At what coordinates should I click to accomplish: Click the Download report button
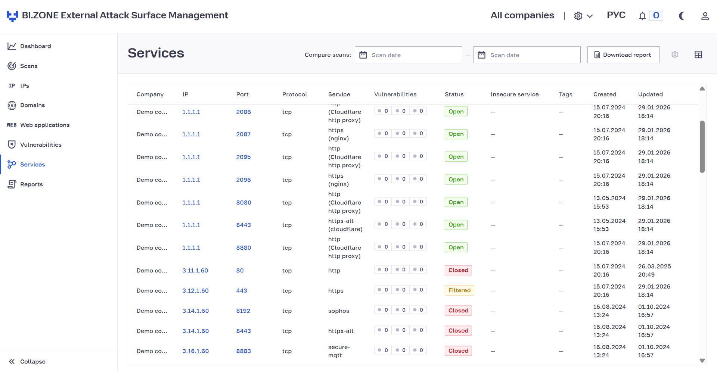[x=623, y=55]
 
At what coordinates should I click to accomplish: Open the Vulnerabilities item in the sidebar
[x=34, y=145]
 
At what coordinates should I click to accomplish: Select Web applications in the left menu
[x=38, y=125]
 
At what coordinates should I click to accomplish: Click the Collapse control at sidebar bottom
[x=27, y=361]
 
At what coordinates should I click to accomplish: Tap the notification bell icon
[x=642, y=16]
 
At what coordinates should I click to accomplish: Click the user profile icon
[x=705, y=16]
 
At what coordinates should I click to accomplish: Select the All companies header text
[x=522, y=15]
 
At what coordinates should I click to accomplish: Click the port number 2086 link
[x=243, y=112]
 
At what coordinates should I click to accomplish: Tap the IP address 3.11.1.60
[x=195, y=271]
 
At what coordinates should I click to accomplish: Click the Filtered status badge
[x=459, y=290]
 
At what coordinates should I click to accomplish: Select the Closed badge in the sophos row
[x=458, y=311]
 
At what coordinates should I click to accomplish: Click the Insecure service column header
[x=515, y=94]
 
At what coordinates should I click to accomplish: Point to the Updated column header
[x=650, y=94]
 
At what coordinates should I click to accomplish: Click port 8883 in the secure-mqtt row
[x=243, y=351]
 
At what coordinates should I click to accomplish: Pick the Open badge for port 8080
[x=456, y=202]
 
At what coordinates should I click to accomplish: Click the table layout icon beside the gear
[x=698, y=55]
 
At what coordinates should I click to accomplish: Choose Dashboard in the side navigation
[x=30, y=46]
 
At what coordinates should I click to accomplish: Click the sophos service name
[x=339, y=311]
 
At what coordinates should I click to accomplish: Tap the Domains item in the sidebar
[x=27, y=105]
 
